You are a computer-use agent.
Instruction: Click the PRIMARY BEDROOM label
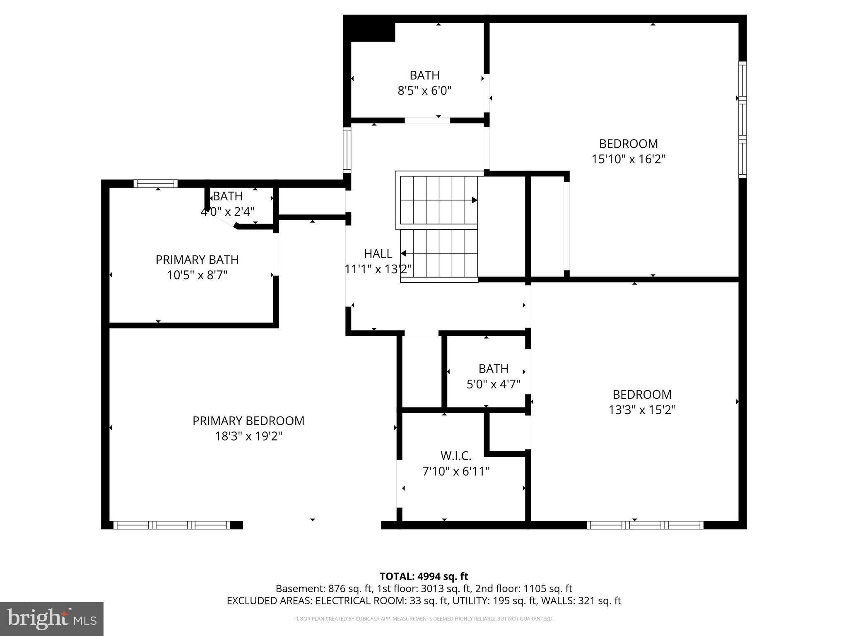pyautogui.click(x=248, y=421)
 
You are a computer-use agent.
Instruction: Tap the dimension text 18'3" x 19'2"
pyautogui.click(x=248, y=436)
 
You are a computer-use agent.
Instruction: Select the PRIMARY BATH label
pyautogui.click(x=197, y=260)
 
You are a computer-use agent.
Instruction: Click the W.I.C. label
pyautogui.click(x=456, y=456)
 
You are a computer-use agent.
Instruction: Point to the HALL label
pyautogui.click(x=378, y=253)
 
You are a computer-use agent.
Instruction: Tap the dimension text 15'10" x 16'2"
pyautogui.click(x=628, y=159)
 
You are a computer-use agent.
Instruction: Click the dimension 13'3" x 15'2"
pyautogui.click(x=642, y=410)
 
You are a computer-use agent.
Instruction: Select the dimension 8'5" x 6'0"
pyautogui.click(x=424, y=91)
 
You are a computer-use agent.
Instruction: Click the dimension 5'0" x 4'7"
pyautogui.click(x=493, y=384)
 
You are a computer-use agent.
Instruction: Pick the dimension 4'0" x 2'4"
pyautogui.click(x=227, y=212)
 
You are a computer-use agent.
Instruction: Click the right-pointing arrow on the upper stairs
pyautogui.click(x=475, y=200)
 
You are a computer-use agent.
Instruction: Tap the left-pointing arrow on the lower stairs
pyautogui.click(x=403, y=253)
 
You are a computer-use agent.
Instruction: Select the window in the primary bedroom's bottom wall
pyautogui.click(x=171, y=525)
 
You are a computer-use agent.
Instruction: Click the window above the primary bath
pyautogui.click(x=155, y=184)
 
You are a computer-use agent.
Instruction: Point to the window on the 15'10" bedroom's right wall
pyautogui.click(x=742, y=120)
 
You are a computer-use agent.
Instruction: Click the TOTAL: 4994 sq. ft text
pyautogui.click(x=424, y=576)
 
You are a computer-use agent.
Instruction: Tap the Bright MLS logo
pyautogui.click(x=52, y=619)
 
